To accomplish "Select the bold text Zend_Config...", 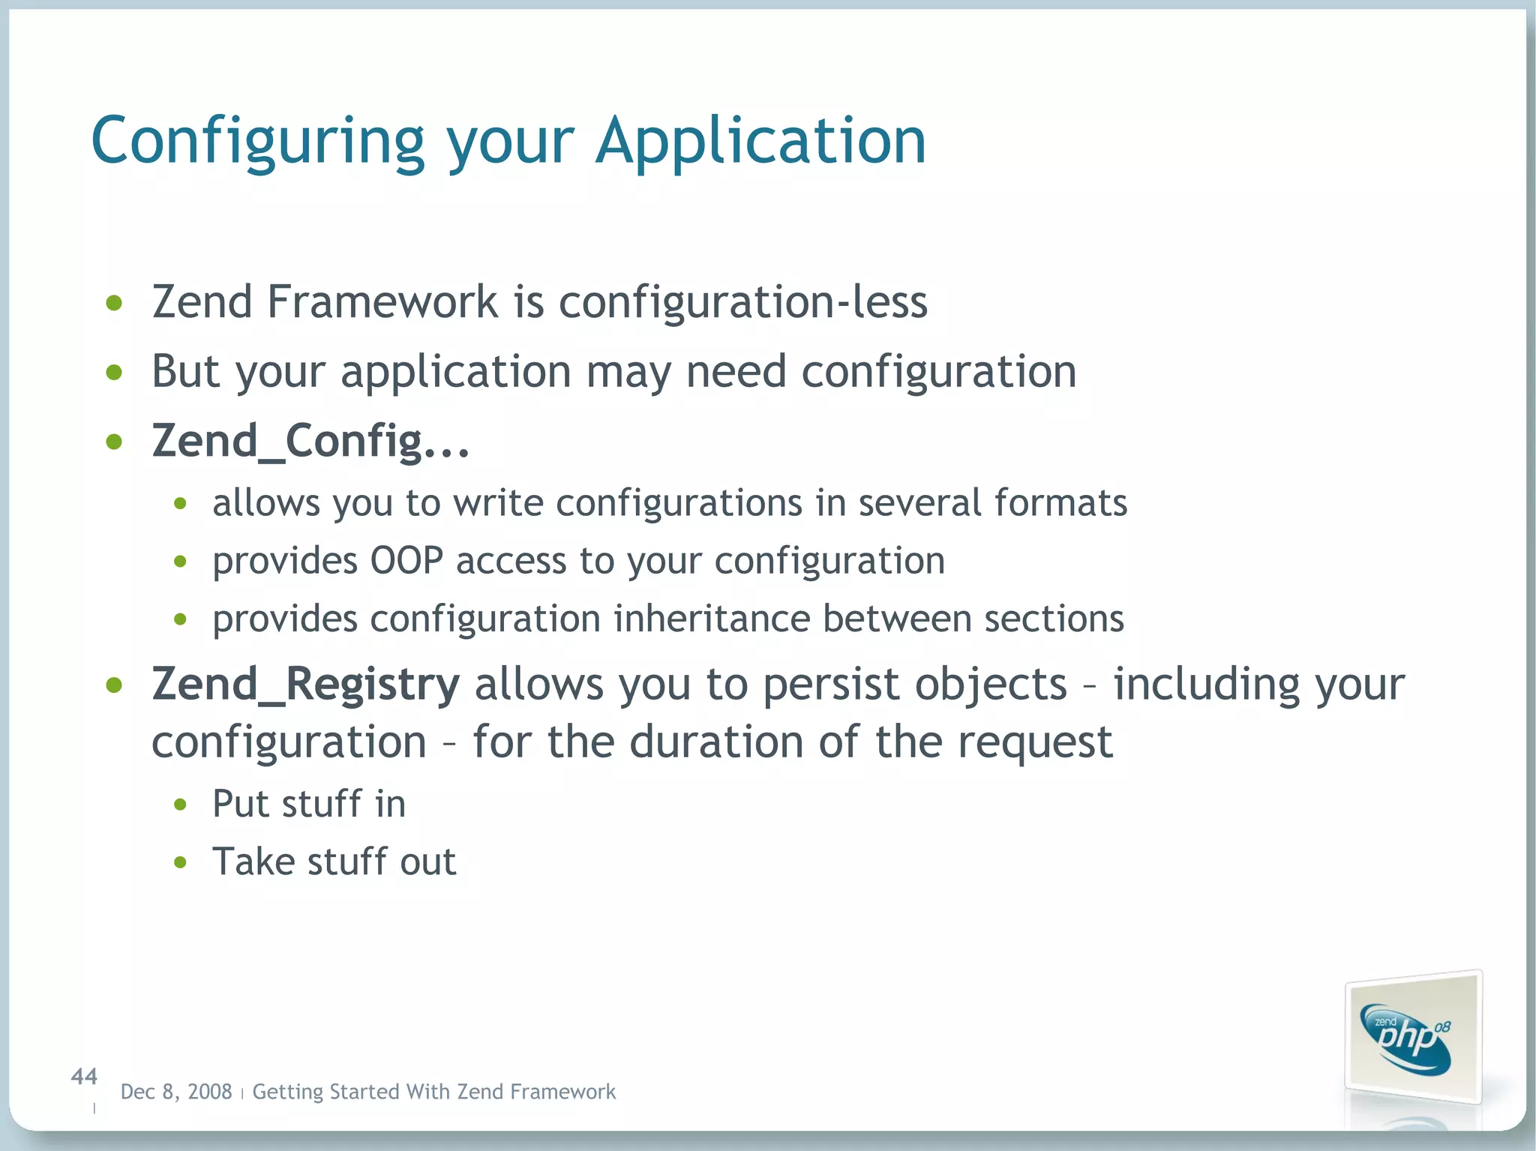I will [x=310, y=440].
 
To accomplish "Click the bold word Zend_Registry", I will [x=305, y=684].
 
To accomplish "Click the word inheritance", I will [x=712, y=619].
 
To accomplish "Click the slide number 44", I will [x=84, y=1077].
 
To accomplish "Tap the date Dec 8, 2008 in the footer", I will [x=176, y=1092].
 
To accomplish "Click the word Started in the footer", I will [x=364, y=1092].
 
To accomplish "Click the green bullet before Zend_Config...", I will [x=114, y=442].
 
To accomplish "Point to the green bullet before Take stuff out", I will [x=180, y=863].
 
